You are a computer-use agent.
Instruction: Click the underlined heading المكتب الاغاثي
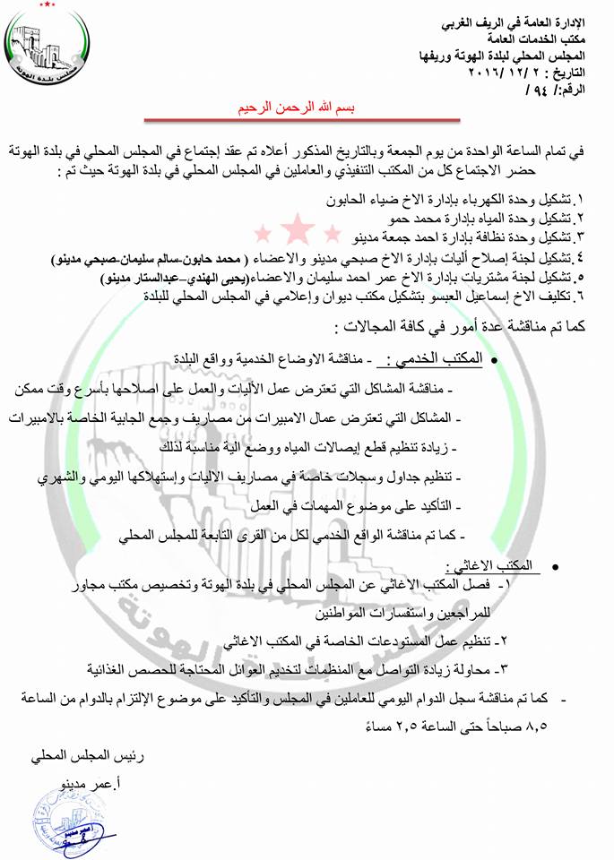(x=494, y=565)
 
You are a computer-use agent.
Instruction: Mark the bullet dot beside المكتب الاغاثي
(x=557, y=568)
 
